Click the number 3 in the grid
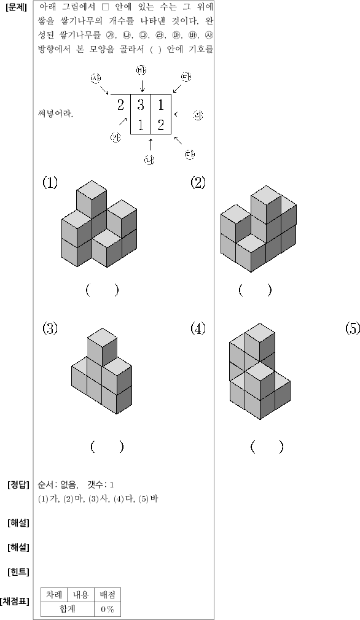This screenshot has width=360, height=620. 141,105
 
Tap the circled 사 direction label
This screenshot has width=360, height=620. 96,79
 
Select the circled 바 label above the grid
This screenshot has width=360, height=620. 141,71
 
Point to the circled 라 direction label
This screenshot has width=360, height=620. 198,115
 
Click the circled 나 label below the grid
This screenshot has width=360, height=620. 149,160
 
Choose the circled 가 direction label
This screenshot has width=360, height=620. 115,138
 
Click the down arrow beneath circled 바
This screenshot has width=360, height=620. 142,85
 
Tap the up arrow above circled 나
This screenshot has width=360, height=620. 150,144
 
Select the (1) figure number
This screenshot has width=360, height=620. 50,183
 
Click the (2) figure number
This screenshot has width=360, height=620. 198,183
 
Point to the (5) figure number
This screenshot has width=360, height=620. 353,328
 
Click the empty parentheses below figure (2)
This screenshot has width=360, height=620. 255,290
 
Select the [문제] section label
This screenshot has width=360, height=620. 16,8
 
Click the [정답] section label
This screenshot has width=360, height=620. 18,485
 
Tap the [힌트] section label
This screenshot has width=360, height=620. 18,572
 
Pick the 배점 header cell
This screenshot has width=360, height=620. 107,595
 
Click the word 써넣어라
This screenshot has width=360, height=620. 55,114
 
